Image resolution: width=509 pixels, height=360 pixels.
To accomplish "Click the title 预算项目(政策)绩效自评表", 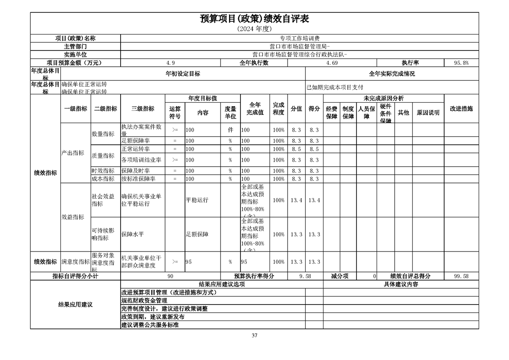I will (x=254, y=19).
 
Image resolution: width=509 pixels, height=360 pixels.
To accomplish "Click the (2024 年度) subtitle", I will (x=254, y=29).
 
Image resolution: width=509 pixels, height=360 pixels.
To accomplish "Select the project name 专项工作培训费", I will (x=299, y=39).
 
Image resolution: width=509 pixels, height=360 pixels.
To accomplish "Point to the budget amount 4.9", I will (x=171, y=63).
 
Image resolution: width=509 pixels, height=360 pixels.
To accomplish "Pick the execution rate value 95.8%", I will (x=461, y=63).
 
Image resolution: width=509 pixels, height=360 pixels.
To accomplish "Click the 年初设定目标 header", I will (x=183, y=74).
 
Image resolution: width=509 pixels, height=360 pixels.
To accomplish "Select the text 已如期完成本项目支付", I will (x=335, y=87).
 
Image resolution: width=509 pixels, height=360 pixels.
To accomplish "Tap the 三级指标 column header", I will (x=142, y=109).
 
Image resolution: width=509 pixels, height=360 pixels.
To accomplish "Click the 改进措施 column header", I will (x=461, y=109).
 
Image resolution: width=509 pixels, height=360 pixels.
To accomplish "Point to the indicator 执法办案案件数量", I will (x=142, y=130).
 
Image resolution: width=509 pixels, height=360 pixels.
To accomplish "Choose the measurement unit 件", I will (x=230, y=130).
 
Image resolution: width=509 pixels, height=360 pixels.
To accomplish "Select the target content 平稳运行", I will (x=197, y=200).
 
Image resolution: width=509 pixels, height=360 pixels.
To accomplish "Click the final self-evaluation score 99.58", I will (x=461, y=276).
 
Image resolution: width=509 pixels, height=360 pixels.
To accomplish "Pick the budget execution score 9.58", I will (x=305, y=276).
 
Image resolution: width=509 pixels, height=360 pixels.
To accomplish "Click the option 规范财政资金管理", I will (x=144, y=301).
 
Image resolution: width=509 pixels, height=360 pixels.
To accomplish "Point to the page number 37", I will (x=254, y=336).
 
